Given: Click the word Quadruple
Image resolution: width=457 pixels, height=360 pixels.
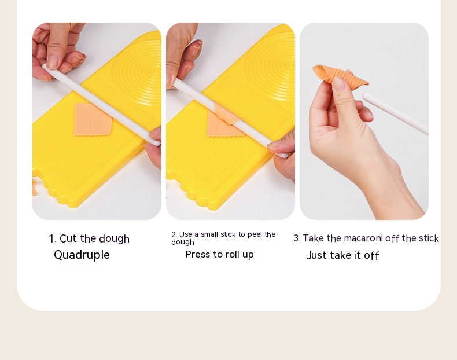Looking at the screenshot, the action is (82, 255).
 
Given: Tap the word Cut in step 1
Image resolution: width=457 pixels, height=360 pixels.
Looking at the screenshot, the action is (68, 238).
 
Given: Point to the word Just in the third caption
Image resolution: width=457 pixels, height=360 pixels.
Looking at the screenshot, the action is (317, 255).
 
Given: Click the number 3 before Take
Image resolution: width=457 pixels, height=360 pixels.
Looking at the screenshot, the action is (296, 238).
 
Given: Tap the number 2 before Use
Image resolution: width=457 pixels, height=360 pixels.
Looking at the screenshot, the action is (174, 234).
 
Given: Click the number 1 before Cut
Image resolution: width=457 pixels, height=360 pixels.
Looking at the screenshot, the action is (52, 238).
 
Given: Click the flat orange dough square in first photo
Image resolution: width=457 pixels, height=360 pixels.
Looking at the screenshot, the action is (93, 119).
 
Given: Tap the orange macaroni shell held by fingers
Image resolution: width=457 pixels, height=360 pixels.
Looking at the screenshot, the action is (340, 74).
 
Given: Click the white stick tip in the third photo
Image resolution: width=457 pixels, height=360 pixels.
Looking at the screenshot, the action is (366, 95).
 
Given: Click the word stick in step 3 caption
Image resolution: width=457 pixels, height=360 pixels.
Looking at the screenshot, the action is (429, 238).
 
